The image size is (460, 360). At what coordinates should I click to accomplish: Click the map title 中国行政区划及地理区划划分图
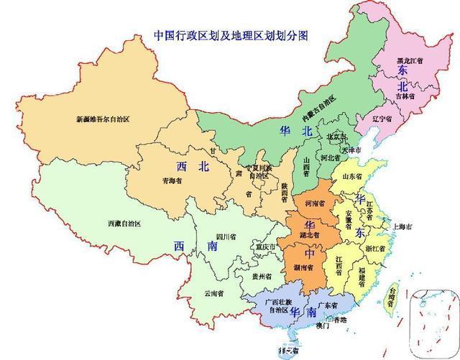click(x=235, y=34)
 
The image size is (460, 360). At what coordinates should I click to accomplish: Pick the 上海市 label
click(x=402, y=226)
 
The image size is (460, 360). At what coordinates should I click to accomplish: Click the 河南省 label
click(x=313, y=203)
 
